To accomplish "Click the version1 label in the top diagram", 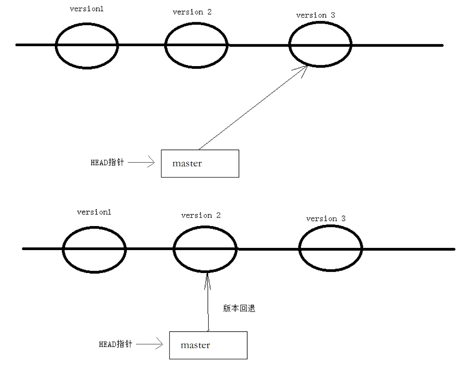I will (86, 9).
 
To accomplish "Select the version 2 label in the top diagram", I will (192, 12).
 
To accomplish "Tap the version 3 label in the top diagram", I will (315, 15).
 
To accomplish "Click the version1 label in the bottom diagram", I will (94, 212).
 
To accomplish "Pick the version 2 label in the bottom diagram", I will (201, 216).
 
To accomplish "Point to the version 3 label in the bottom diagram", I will (325, 219).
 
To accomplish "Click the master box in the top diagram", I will (200, 163).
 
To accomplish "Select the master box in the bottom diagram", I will (208, 345).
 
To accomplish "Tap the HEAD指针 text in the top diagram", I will (107, 163).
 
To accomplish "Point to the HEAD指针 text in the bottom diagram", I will (115, 344).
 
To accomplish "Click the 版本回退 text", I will (239, 309).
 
